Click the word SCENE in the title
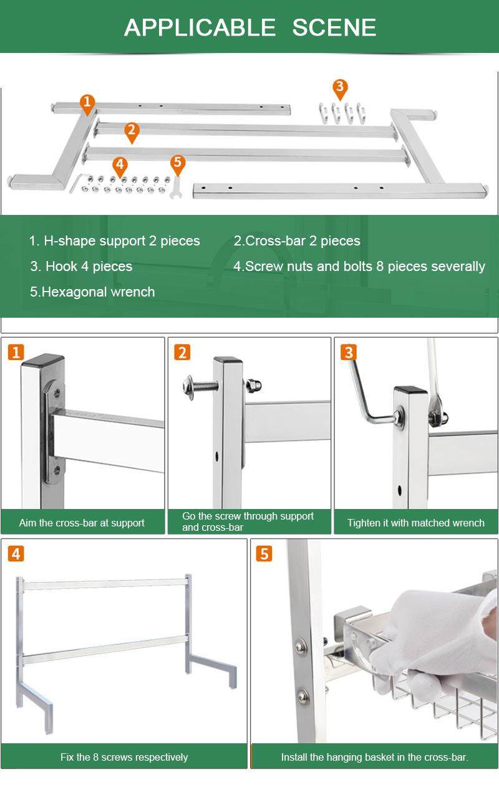tap(334, 27)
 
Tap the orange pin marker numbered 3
tap(340, 88)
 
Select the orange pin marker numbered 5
tap(178, 164)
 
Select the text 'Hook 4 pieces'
tap(89, 266)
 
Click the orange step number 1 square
tap(16, 353)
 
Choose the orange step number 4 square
tap(16, 554)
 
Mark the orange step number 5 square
tap(264, 554)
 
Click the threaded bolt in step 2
tap(199, 386)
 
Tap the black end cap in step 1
tap(43, 361)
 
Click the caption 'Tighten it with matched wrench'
tap(415, 523)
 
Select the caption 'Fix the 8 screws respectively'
tap(124, 757)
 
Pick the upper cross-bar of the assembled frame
tap(105, 584)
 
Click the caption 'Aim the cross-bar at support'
tap(82, 523)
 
